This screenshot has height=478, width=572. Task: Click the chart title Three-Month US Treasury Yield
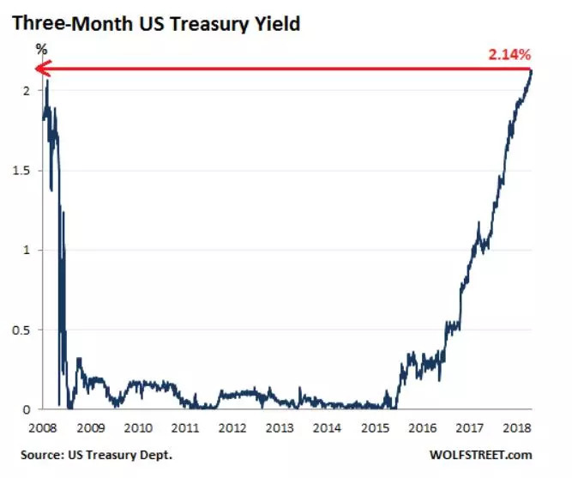pos(155,23)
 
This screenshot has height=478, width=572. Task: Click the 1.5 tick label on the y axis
pos(22,171)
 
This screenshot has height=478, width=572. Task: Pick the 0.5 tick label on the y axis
pos(22,330)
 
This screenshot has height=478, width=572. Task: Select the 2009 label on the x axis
pos(92,427)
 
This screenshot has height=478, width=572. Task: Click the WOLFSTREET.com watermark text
pos(488,455)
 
